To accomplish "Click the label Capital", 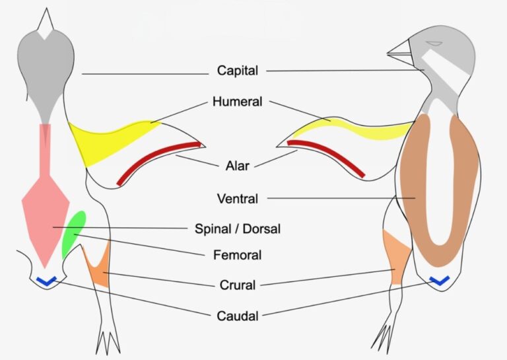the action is (238, 71).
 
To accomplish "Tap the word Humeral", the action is (238, 102).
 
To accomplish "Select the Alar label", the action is (238, 166).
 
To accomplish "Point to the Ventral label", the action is (238, 199).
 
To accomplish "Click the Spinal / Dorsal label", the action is (238, 229).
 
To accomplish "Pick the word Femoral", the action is (238, 255).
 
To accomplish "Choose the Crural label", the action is (238, 285).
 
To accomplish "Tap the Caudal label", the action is (238, 316).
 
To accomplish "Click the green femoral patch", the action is (74, 234).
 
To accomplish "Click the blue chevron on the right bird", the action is (440, 281).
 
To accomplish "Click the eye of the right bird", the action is (434, 44).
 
